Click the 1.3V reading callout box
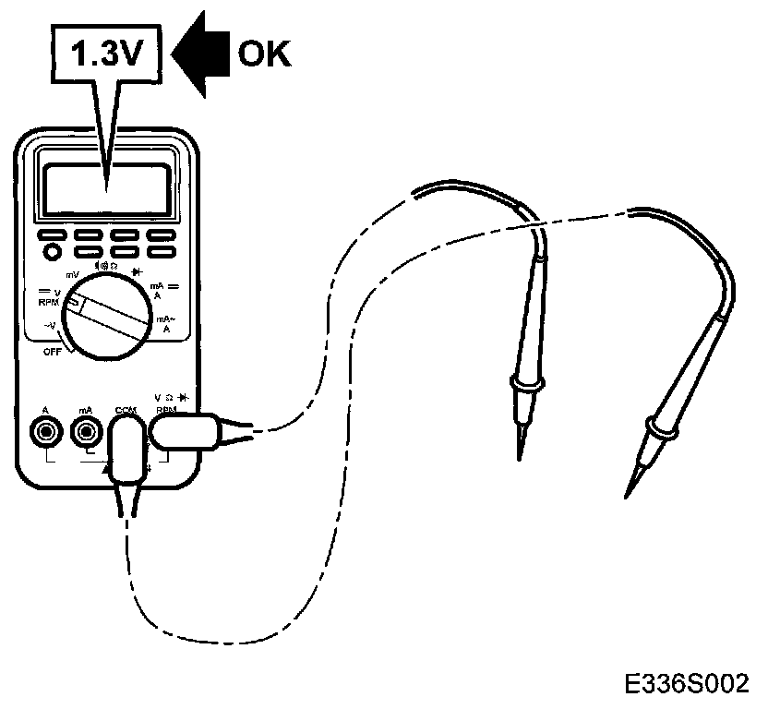[x=109, y=58]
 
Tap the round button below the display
[x=53, y=251]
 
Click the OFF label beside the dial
[x=54, y=352]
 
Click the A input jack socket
[x=45, y=430]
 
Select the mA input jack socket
[x=86, y=430]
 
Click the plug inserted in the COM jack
[x=128, y=453]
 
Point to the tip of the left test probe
[x=519, y=454]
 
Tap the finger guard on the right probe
[x=664, y=427]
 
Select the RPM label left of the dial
[x=48, y=302]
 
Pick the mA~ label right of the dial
[x=167, y=322]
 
